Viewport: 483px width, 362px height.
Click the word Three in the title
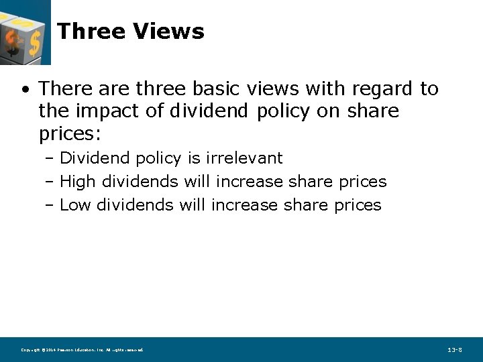coord(91,31)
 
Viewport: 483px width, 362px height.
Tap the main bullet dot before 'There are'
coord(25,89)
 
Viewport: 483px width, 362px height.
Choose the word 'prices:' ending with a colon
coord(70,134)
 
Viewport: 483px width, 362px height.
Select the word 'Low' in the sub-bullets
coord(75,205)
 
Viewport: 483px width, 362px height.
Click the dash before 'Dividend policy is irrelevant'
coord(50,159)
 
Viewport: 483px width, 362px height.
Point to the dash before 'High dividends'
coord(50,182)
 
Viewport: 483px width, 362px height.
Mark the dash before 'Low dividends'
coord(50,206)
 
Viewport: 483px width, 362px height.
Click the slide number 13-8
coord(454,350)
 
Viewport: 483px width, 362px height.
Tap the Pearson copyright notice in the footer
coord(83,350)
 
